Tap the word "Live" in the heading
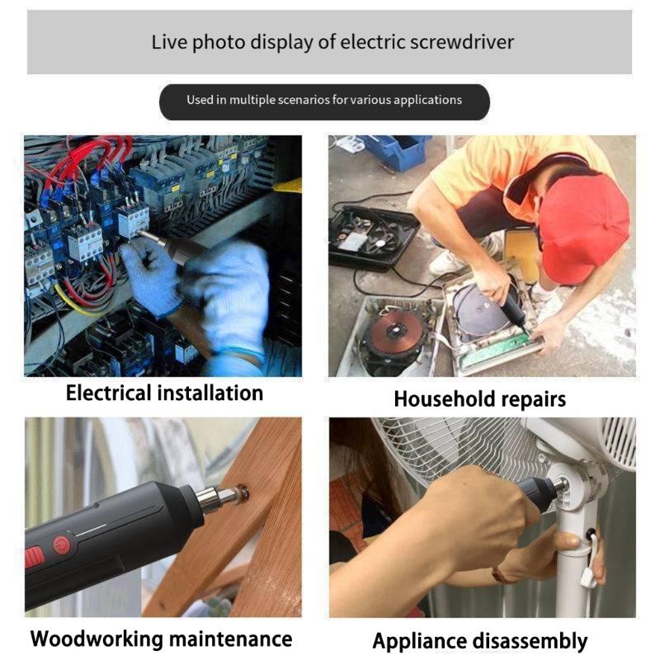(x=169, y=42)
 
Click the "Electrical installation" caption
(x=164, y=393)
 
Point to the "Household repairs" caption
(x=479, y=399)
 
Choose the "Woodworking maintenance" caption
(x=161, y=639)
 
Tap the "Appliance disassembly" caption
(x=479, y=641)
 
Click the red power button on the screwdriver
(x=62, y=544)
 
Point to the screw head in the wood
(x=242, y=494)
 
